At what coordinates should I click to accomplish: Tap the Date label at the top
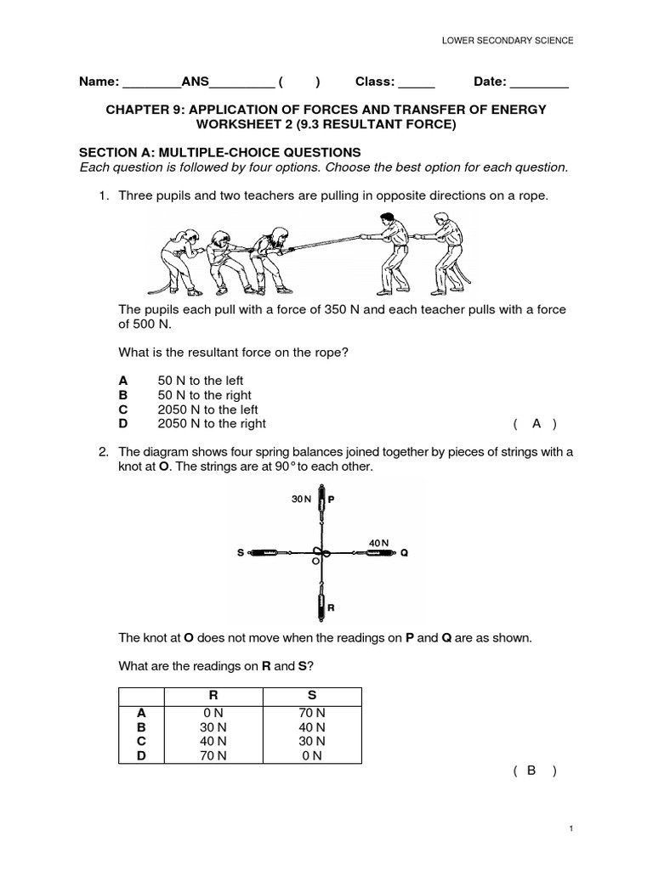489,82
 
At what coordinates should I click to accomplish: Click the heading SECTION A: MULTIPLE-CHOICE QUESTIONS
220,152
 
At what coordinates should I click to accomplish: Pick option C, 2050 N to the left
207,410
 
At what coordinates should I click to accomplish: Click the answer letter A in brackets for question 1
536,423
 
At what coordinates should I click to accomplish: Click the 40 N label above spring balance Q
378,542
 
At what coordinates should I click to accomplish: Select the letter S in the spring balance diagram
241,553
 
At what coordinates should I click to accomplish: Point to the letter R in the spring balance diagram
331,608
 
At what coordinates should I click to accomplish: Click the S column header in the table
311,695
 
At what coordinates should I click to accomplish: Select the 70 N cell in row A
311,714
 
